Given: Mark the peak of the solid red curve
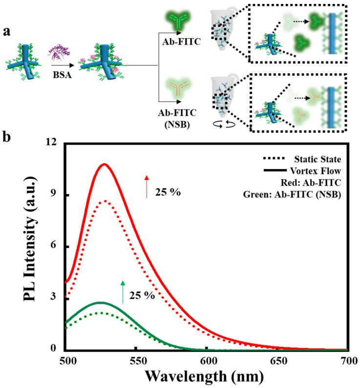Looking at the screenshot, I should pyautogui.click(x=104, y=164).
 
